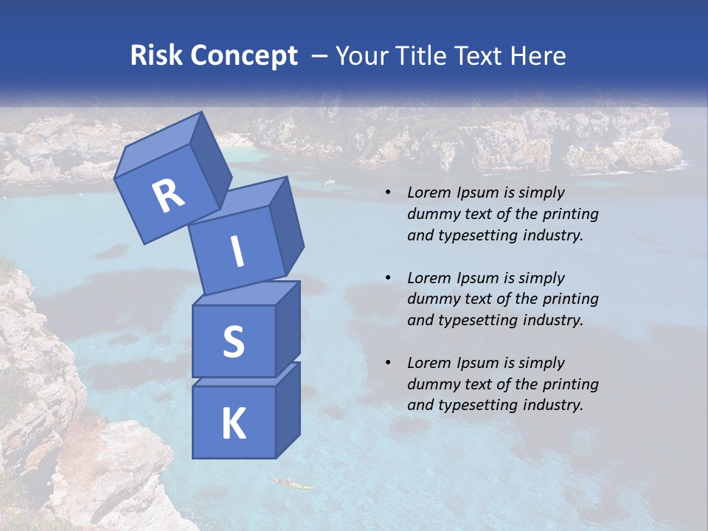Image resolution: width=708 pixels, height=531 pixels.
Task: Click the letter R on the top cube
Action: point(168,195)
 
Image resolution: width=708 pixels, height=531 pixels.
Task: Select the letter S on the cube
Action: point(233,341)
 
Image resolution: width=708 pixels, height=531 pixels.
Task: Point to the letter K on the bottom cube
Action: point(233,424)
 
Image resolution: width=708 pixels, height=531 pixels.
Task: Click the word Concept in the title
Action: point(245,56)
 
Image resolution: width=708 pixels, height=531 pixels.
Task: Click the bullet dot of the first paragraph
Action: point(388,193)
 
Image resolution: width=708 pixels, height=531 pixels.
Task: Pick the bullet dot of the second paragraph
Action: point(388,278)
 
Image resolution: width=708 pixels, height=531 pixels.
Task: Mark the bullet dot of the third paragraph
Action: point(388,363)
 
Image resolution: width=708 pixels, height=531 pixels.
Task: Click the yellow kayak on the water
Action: point(291,483)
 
